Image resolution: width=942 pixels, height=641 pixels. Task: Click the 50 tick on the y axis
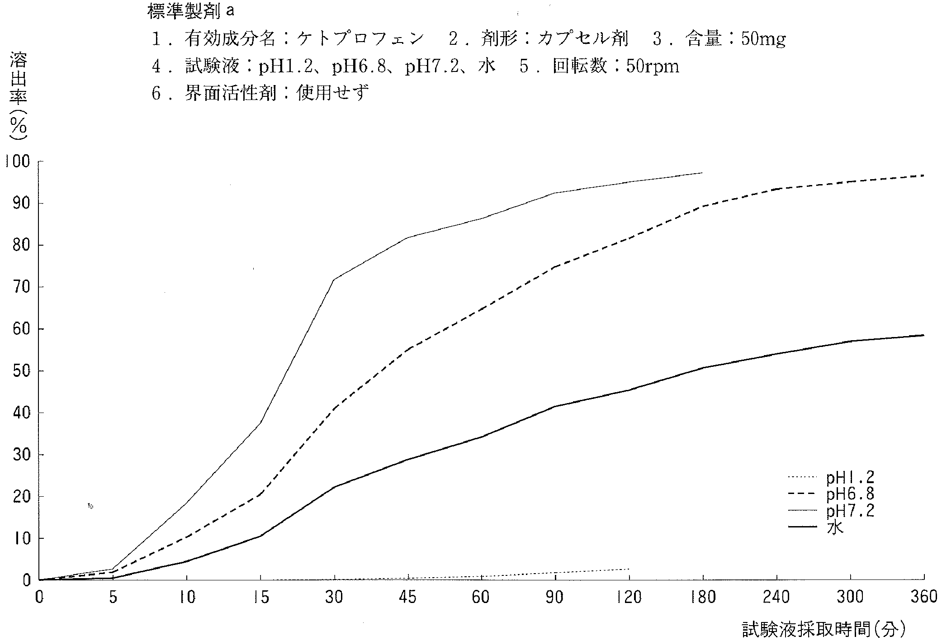pyautogui.click(x=22, y=371)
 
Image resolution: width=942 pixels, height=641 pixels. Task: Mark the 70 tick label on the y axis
pyautogui.click(x=22, y=287)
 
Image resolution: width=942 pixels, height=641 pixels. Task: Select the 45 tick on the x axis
pyautogui.click(x=408, y=598)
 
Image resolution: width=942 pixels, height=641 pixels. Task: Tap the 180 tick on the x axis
pyautogui.click(x=703, y=598)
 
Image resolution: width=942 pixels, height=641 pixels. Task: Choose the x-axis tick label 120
pyautogui.click(x=629, y=598)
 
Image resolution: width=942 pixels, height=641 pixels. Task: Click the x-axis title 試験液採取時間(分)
pyautogui.click(x=824, y=629)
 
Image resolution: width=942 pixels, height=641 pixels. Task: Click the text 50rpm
pyautogui.click(x=653, y=67)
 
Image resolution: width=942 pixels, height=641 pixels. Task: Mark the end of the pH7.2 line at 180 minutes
pyautogui.click(x=702, y=173)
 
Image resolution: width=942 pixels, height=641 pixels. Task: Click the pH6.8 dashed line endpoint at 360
pyautogui.click(x=923, y=176)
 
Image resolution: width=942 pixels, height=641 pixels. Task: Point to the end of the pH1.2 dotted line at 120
pyautogui.click(x=629, y=569)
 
